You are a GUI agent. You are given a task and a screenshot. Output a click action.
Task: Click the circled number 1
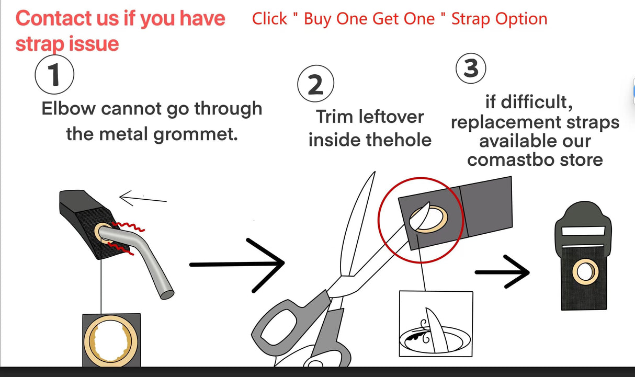click(54, 75)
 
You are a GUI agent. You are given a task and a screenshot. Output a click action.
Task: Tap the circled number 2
click(315, 84)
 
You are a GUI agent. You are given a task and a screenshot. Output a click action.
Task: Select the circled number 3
click(471, 68)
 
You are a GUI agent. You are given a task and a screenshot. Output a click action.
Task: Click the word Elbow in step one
click(69, 109)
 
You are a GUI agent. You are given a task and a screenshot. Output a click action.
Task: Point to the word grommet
click(196, 134)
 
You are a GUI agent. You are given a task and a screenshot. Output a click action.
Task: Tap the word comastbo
click(511, 160)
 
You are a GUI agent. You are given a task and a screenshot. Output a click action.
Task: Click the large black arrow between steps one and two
click(237, 265)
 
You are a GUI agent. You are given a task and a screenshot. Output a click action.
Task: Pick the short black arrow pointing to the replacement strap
click(502, 272)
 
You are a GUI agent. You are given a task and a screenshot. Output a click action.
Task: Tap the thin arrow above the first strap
click(143, 198)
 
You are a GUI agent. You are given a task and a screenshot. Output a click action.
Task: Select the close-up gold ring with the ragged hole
click(110, 340)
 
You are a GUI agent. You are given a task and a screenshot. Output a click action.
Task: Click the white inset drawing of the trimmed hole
click(436, 324)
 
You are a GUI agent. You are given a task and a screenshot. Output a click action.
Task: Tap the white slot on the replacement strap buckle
click(583, 231)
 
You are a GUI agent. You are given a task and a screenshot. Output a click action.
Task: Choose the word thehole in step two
click(399, 140)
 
